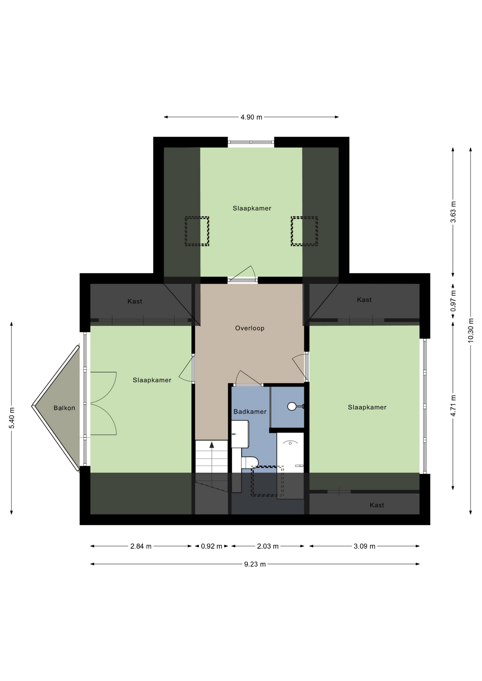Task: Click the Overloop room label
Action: (x=250, y=328)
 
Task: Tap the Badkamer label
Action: (x=250, y=411)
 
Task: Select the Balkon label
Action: (x=64, y=408)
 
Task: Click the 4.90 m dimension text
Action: (x=251, y=117)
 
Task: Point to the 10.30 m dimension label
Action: (x=471, y=330)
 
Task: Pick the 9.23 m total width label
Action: (x=255, y=564)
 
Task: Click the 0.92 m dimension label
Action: (x=212, y=546)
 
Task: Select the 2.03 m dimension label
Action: (x=268, y=546)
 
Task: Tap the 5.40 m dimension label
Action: (x=12, y=418)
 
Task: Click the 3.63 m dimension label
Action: (x=453, y=212)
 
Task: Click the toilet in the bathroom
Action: (x=250, y=463)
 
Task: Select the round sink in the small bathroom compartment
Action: (x=292, y=406)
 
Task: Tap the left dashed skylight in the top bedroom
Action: (x=197, y=231)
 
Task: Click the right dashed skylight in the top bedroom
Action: (x=304, y=231)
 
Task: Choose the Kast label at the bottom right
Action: (x=377, y=505)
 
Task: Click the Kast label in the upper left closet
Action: (x=135, y=301)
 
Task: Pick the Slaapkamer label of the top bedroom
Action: (x=252, y=208)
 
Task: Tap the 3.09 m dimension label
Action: (x=364, y=546)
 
